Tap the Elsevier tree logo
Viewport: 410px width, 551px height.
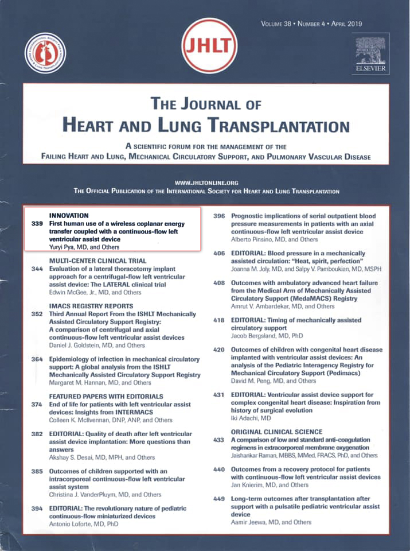click(x=370, y=52)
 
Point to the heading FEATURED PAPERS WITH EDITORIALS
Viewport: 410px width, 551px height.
click(x=106, y=396)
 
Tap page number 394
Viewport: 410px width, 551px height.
click(x=37, y=509)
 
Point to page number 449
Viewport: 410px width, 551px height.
click(x=219, y=499)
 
